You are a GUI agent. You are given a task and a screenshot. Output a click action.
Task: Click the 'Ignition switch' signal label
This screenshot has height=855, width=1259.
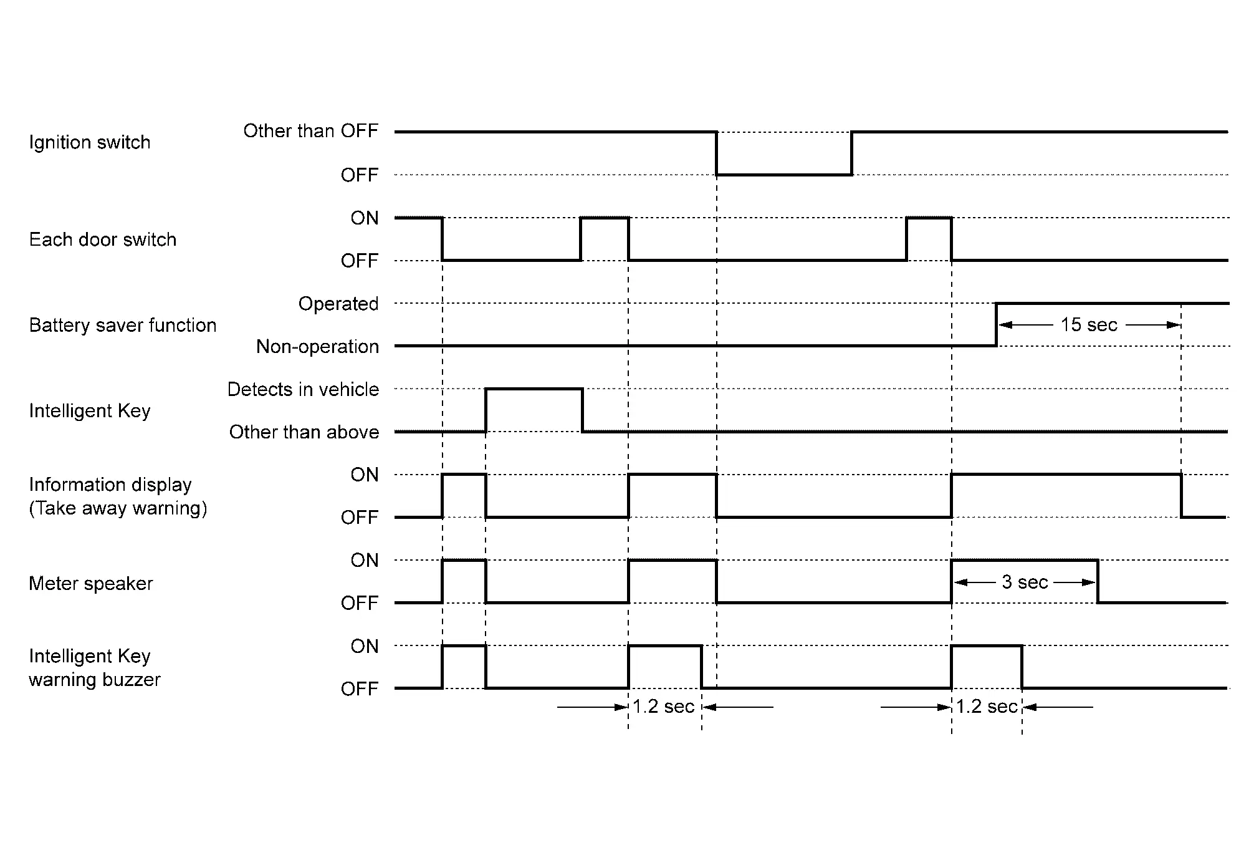click(90, 142)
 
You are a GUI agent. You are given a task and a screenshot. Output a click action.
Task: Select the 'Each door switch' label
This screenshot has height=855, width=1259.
click(103, 239)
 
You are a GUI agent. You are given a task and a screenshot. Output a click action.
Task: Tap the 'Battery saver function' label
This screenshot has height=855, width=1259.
click(123, 325)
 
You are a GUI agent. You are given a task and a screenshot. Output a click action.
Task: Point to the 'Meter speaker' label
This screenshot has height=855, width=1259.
click(91, 583)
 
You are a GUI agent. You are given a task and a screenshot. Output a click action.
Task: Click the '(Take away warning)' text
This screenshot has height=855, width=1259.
click(118, 508)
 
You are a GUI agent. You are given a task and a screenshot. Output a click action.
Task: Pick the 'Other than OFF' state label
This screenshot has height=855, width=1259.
click(310, 131)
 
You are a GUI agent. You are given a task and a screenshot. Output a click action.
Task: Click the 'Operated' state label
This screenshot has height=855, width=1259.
click(338, 304)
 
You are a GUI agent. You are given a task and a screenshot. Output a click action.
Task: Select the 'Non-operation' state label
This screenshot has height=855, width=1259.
click(317, 346)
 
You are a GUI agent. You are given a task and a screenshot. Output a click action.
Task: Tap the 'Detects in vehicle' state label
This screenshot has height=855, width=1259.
click(303, 389)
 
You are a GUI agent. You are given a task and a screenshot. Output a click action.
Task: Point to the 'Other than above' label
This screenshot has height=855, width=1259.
click(304, 432)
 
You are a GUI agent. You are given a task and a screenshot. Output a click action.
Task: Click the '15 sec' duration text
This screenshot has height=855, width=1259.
click(1089, 325)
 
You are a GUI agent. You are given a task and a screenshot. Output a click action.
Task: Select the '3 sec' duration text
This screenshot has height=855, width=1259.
click(1025, 582)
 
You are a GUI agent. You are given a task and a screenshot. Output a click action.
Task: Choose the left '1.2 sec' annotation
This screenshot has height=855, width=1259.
click(663, 707)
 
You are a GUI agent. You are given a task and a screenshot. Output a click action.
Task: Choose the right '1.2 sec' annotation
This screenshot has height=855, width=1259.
click(987, 707)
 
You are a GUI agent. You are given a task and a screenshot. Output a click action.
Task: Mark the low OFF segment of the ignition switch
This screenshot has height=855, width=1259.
click(784, 175)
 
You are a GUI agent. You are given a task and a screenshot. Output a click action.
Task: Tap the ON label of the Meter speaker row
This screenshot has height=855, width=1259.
click(365, 560)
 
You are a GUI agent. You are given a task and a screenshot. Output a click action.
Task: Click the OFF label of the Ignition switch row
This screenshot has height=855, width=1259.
click(360, 175)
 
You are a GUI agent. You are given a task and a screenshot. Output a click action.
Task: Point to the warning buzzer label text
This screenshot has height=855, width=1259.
click(95, 679)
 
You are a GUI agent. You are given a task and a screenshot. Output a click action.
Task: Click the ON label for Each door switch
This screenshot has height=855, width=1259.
click(365, 218)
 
